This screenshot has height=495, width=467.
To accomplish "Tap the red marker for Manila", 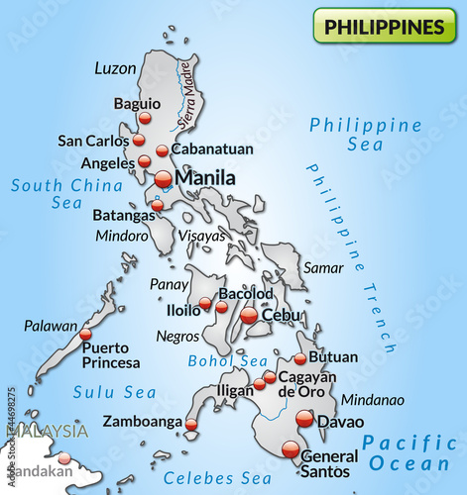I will (x=164, y=179).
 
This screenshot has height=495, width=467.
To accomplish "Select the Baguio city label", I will (x=137, y=103).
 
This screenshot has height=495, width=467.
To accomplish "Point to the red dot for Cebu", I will (x=249, y=315).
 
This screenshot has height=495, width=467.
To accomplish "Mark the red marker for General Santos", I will (x=291, y=449).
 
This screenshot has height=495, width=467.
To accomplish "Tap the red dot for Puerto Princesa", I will (x=85, y=335).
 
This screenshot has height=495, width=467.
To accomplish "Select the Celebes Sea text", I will (x=217, y=479).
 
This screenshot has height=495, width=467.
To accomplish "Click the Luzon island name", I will (x=114, y=68).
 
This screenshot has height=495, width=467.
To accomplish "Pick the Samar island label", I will (x=322, y=268).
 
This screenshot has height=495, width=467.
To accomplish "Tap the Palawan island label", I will (x=51, y=325).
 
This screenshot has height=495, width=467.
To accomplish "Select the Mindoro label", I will (x=122, y=236).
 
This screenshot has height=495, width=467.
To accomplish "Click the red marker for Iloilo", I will (x=205, y=303).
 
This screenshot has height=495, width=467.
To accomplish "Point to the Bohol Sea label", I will (x=228, y=360).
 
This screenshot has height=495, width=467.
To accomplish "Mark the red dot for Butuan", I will (x=300, y=358).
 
